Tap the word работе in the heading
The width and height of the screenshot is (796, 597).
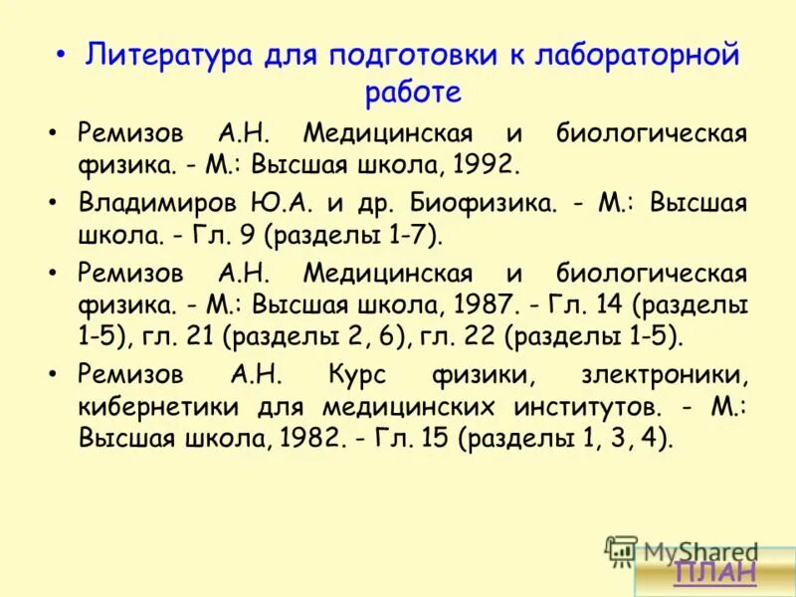[413, 92]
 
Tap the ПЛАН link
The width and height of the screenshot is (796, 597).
[714, 571]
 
